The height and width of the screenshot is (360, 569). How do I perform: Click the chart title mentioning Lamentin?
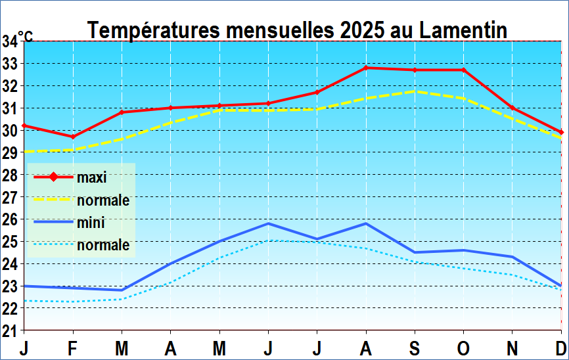tap(297, 30)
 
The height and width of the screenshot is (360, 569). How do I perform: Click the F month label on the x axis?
tap(72, 347)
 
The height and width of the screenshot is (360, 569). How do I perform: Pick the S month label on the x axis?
tap(415, 347)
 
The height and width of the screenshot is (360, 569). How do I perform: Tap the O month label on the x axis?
tap(464, 347)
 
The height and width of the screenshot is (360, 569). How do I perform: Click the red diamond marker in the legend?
tap(53, 177)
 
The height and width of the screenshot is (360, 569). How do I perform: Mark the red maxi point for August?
tap(366, 68)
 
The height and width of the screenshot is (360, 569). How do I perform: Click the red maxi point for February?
tap(72, 137)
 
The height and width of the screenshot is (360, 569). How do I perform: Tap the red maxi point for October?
tap(464, 70)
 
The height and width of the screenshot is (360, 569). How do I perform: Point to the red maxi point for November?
tap(512, 108)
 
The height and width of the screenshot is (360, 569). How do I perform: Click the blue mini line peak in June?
tap(268, 223)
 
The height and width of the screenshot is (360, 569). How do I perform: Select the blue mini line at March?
tap(122, 290)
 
